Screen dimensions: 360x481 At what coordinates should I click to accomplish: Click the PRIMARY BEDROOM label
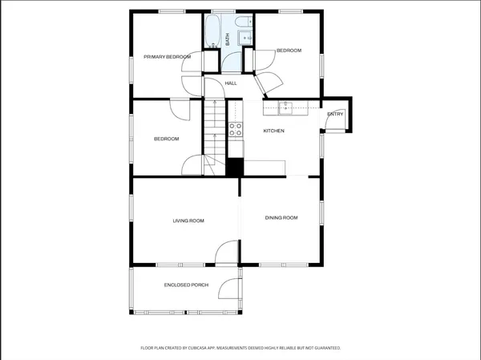click(x=167, y=57)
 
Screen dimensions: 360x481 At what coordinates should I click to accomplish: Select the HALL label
click(x=231, y=83)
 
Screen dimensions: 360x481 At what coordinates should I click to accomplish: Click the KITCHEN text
click(x=274, y=131)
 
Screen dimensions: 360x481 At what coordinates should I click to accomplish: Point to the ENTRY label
click(x=335, y=114)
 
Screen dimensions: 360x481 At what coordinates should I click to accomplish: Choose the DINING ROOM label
click(x=281, y=217)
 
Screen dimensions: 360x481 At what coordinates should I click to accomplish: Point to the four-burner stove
click(x=236, y=128)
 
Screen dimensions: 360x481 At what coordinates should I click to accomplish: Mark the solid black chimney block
click(x=234, y=168)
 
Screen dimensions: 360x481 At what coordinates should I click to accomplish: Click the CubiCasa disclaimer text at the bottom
click(x=240, y=348)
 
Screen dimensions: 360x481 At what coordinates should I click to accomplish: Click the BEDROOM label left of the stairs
click(x=167, y=139)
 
